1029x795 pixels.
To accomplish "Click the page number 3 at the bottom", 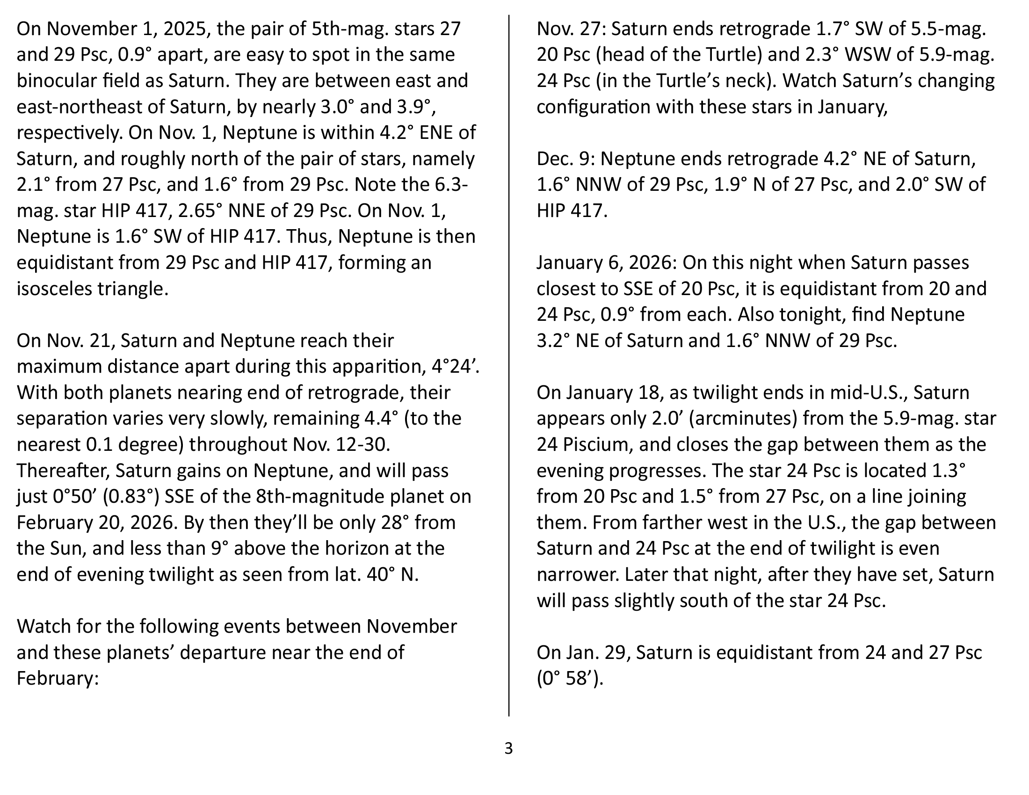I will (508, 748).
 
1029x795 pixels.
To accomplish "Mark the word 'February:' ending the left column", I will (58, 678).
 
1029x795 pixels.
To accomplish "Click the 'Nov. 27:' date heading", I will (571, 29).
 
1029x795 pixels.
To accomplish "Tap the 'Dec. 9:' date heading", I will (565, 159).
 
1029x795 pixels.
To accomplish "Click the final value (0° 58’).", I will (570, 678).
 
